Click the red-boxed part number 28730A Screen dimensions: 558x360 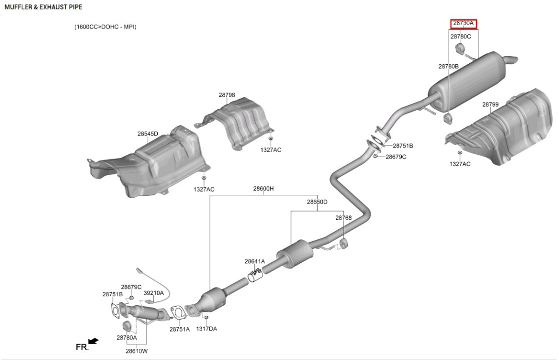(463, 23)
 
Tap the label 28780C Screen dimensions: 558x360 (461, 37)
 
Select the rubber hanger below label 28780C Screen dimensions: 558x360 (460, 49)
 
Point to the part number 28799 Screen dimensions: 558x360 (490, 104)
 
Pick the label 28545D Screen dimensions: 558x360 (148, 134)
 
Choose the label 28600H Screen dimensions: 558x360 (263, 189)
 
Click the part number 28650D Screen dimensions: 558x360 (317, 202)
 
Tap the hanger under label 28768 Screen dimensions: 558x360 (344, 244)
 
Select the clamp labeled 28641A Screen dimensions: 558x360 (255, 275)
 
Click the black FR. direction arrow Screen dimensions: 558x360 (93, 340)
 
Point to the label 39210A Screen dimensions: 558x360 (153, 293)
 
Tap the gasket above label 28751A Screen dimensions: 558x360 (178, 313)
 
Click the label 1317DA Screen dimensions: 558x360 (206, 329)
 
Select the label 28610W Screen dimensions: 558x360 (137, 351)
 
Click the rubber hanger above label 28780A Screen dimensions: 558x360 (127, 327)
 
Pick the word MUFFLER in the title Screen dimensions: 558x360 (19, 7)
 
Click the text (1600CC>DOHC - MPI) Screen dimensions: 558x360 (106, 27)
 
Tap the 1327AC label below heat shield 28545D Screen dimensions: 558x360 (204, 190)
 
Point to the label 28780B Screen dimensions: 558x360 (448, 67)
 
